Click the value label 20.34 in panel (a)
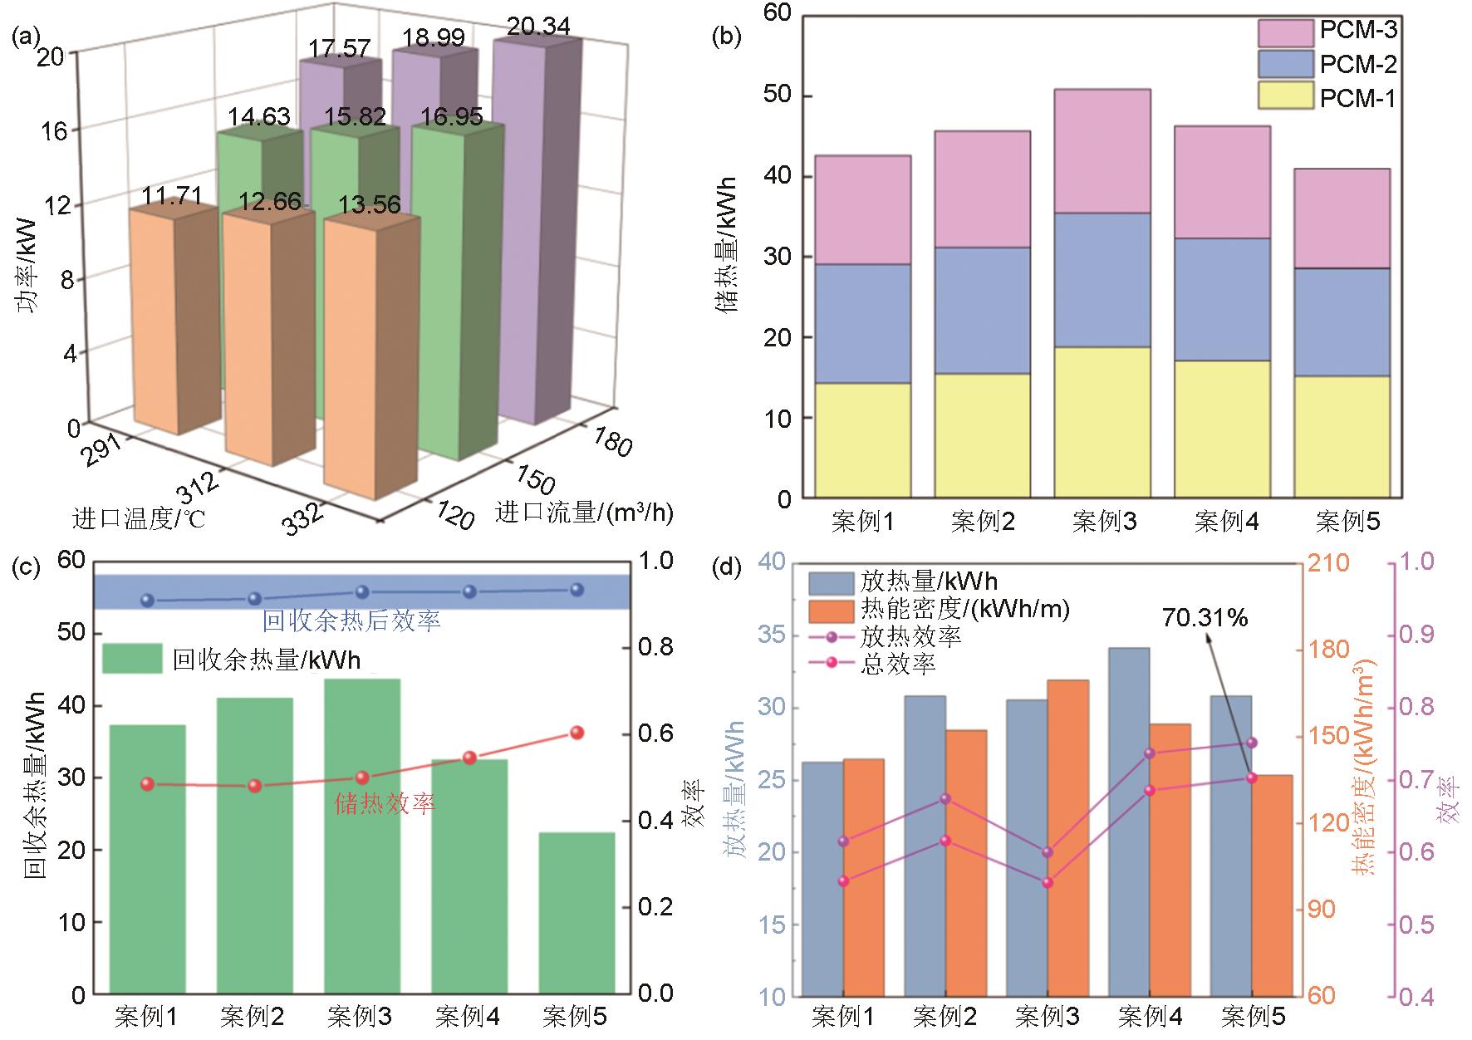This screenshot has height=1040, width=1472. (538, 27)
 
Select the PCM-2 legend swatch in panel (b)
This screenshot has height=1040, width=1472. (1285, 65)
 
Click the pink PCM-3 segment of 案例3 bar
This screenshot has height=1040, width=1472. (1102, 151)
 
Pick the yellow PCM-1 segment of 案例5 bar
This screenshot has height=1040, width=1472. (1342, 437)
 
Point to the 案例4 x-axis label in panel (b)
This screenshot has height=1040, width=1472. (1226, 522)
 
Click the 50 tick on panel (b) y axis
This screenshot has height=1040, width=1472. (777, 96)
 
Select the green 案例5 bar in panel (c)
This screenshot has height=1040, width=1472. (577, 912)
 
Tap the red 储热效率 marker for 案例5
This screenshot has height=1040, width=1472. (577, 732)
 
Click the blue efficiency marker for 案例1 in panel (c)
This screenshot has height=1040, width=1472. (148, 600)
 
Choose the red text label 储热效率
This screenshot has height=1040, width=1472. (385, 804)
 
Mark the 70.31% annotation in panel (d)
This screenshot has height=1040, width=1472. (1204, 617)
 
